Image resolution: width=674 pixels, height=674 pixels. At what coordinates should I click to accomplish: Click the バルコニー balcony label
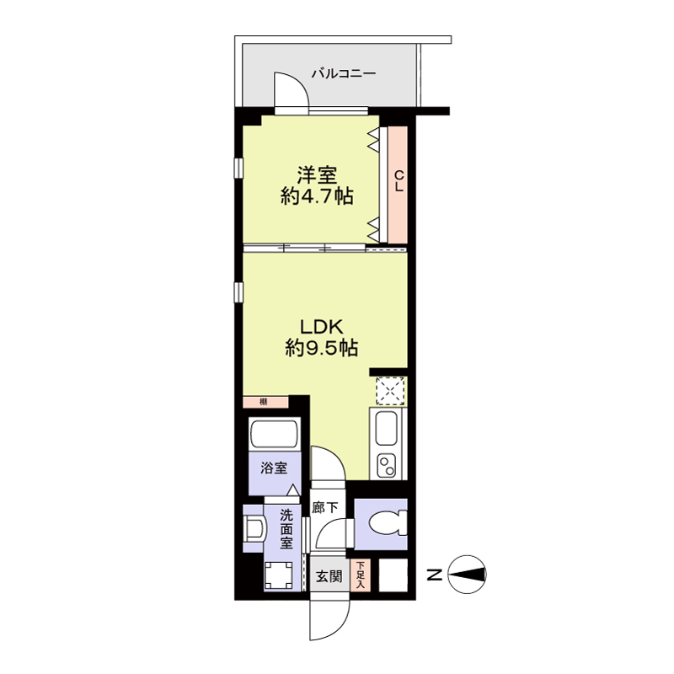tap(344, 73)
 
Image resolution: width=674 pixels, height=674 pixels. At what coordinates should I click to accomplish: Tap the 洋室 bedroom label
tap(318, 175)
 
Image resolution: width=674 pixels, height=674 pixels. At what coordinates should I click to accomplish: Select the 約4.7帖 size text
tap(318, 196)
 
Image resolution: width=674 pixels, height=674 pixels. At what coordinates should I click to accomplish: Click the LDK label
tap(321, 327)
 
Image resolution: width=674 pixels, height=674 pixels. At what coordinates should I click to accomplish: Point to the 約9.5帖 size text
tap(322, 348)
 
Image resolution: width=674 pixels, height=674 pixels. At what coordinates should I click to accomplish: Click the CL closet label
tap(399, 181)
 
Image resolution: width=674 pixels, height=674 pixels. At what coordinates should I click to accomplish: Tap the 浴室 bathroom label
tap(274, 468)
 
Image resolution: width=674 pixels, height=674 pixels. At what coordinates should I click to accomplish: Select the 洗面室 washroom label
tap(286, 530)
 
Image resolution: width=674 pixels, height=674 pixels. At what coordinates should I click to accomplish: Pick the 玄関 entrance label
tap(329, 576)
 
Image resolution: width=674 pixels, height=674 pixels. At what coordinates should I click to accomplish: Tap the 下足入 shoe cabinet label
tap(361, 575)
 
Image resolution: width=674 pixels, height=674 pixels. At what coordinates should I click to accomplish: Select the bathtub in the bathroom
tap(275, 435)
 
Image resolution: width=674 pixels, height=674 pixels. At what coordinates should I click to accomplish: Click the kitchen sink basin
tap(386, 428)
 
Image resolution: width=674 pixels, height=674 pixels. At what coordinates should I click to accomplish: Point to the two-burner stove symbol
tap(386, 466)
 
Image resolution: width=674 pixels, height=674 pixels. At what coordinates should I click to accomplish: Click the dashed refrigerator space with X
tap(390, 391)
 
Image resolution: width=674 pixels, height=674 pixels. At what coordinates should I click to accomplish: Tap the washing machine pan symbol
tap(279, 575)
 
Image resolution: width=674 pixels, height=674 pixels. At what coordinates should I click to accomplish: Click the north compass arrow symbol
tap(467, 575)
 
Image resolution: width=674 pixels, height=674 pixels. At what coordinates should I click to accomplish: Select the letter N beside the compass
tap(435, 575)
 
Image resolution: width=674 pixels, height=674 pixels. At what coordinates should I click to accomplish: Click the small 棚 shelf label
tap(264, 403)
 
